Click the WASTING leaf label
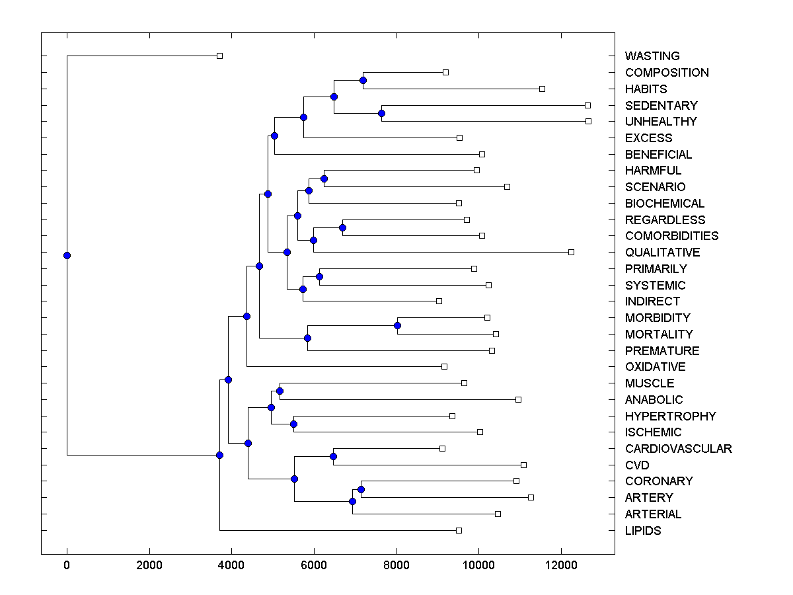652,56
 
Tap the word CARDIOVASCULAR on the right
678,449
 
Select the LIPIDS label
642,531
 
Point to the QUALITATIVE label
662,253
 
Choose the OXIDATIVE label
655,367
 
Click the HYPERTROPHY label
670,416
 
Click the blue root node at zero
67,255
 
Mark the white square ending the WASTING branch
220,56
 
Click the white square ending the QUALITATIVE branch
572,252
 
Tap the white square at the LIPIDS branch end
459,530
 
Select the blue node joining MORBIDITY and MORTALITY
397,325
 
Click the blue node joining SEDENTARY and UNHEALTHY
381,113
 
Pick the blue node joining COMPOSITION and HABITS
363,81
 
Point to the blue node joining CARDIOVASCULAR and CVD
333,457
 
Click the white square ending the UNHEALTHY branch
588,121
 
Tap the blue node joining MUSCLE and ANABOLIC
280,391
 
